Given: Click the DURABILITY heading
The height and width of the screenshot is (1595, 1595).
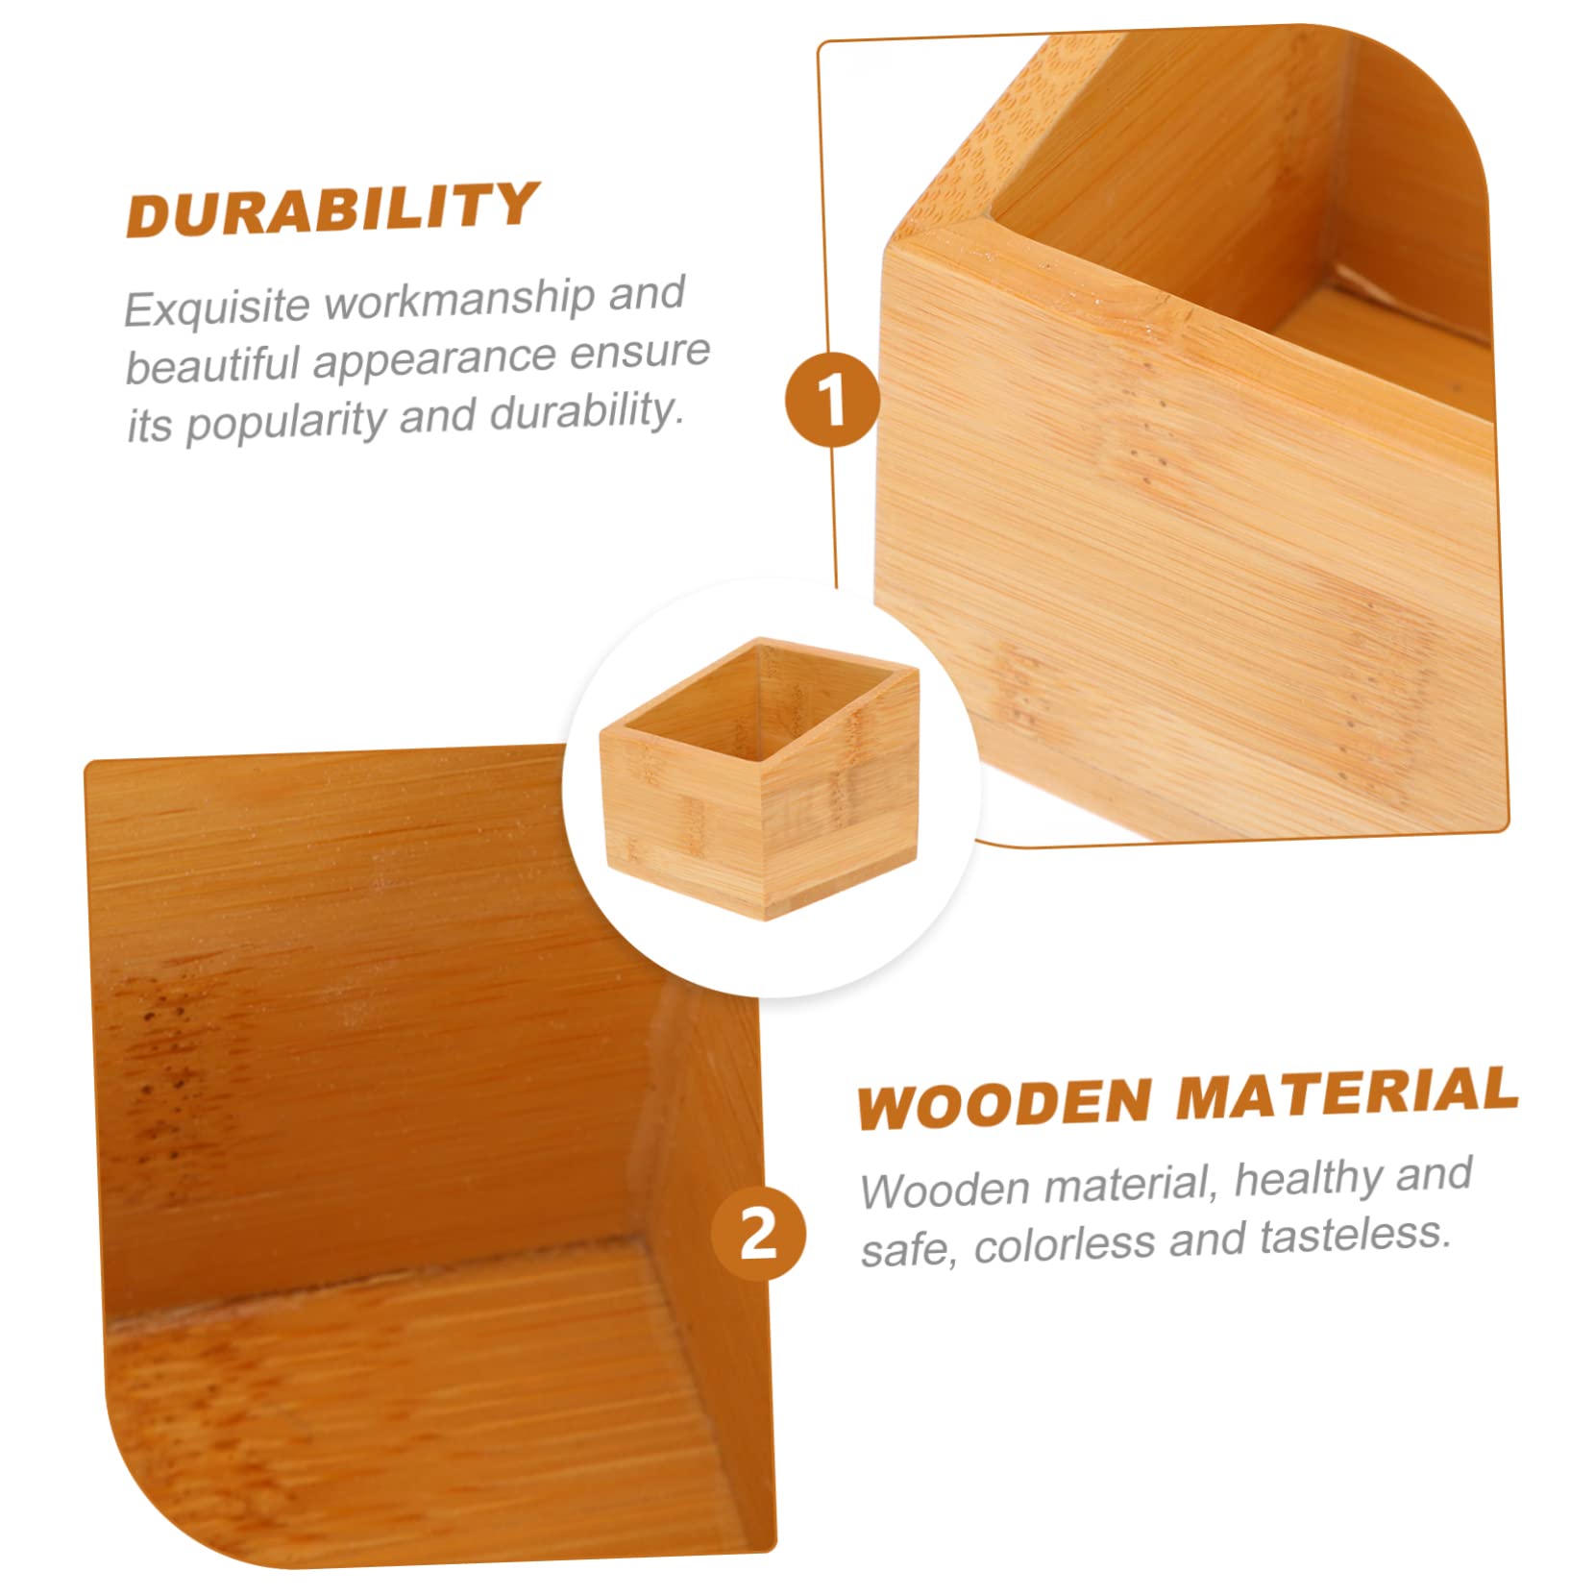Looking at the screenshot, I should tap(331, 209).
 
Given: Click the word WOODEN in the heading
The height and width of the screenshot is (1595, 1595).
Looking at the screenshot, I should tap(1003, 1103).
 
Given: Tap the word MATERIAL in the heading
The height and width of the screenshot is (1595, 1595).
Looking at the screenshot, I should tap(1346, 1094).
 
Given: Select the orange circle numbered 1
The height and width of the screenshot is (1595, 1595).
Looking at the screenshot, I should tap(832, 399).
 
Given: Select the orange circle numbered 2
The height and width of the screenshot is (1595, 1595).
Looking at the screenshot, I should tap(758, 1234).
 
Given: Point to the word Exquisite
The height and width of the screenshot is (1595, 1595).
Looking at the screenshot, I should tap(217, 307).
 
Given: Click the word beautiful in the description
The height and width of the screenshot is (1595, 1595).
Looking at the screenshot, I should tap(212, 365).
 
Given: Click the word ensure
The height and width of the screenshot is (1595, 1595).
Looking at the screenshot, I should tap(639, 352).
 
